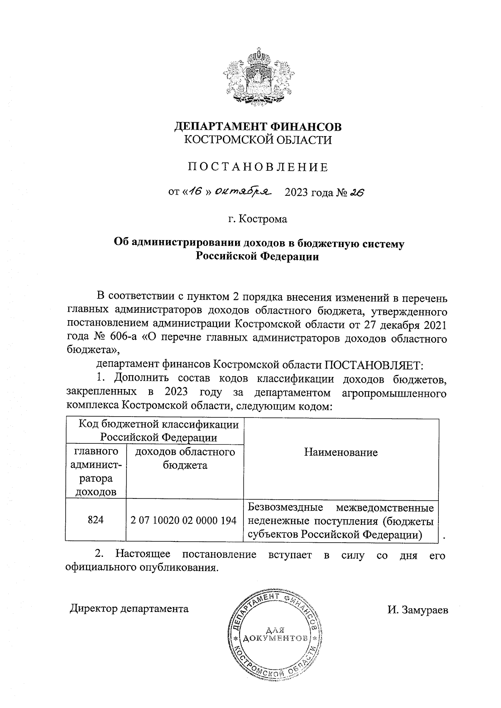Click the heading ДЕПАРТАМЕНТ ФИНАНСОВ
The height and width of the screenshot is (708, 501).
coord(258,126)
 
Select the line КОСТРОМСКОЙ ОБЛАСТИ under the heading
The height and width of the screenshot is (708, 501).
coord(258,140)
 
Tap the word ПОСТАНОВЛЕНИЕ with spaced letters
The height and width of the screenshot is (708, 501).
coord(258,167)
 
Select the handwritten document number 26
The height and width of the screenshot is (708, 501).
coord(357,192)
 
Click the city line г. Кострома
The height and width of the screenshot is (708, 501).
coord(258,219)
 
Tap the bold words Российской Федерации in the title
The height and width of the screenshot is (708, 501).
coord(258,256)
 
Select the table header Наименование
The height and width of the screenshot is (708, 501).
coord(341,452)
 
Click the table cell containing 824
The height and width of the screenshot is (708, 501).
coord(96,520)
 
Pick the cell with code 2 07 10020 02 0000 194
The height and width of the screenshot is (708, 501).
coord(184,521)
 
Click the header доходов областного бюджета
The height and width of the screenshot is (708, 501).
coord(185,458)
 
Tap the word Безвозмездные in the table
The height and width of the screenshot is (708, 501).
coord(285,508)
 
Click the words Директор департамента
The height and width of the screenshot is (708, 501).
coord(129,608)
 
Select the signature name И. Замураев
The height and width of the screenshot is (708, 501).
coord(417,610)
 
